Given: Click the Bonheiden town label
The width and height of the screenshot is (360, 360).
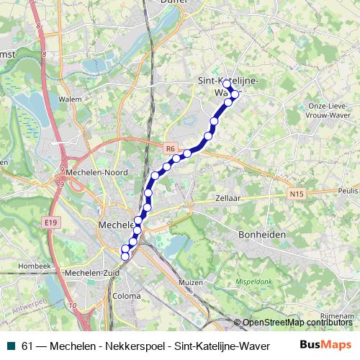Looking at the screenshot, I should [x=263, y=235].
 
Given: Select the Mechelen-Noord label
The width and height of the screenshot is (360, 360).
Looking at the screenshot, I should [x=96, y=173].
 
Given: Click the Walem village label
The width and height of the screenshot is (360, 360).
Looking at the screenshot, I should [x=70, y=100].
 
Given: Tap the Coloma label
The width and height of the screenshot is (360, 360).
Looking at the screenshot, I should [x=127, y=296].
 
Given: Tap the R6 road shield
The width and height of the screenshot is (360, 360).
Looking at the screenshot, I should [x=171, y=149].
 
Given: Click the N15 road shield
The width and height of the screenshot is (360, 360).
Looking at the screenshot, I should [x=294, y=194].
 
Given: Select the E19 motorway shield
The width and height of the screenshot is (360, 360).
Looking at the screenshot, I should [x=50, y=223].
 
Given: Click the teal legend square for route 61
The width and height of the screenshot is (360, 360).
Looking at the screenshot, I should [x=10, y=346].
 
